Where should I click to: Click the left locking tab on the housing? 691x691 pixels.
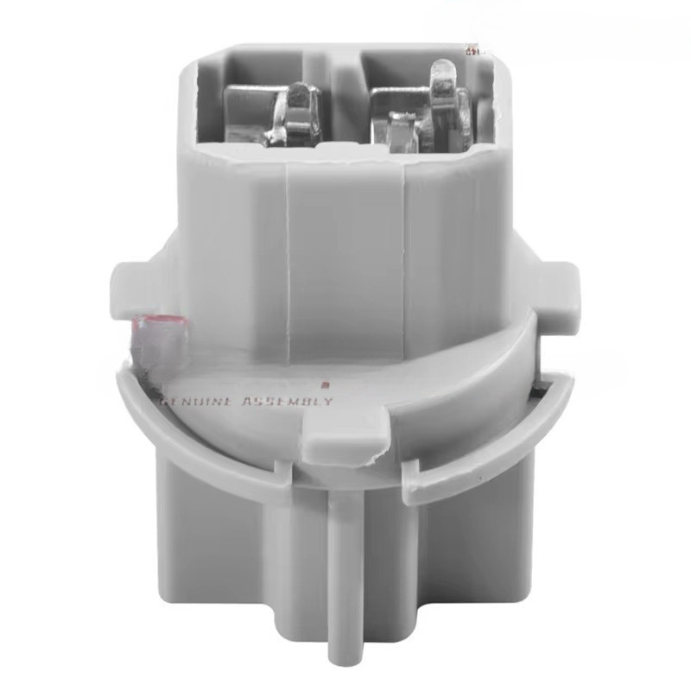pos(130,281)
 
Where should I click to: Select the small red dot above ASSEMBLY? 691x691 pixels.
pos(326,387)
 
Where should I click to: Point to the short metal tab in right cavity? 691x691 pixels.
pos(399,130)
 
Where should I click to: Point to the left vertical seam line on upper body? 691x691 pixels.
pos(286,250)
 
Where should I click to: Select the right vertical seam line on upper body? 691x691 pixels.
pos(406,250)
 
